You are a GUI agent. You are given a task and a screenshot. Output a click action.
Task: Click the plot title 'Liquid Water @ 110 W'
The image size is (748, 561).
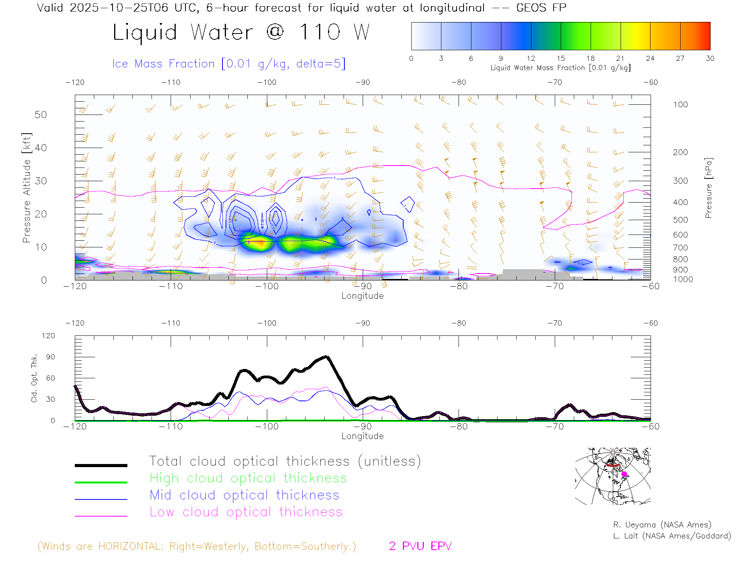pyautogui.click(x=241, y=32)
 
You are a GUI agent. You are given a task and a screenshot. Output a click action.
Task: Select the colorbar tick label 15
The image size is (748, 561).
pyautogui.click(x=561, y=58)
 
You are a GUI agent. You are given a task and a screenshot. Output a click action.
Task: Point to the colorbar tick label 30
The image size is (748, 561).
pyautogui.click(x=710, y=58)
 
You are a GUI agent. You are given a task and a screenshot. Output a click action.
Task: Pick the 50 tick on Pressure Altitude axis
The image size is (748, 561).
pyautogui.click(x=41, y=115)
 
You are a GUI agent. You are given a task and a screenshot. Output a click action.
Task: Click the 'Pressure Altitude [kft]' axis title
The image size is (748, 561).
pyautogui.click(x=26, y=188)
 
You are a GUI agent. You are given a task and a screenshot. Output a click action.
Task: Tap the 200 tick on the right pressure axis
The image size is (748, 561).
pyautogui.click(x=680, y=152)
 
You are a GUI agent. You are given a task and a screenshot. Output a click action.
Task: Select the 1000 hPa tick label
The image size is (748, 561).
pyautogui.click(x=683, y=279)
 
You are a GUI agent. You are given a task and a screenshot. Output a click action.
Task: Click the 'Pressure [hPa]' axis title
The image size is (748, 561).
pyautogui.click(x=708, y=188)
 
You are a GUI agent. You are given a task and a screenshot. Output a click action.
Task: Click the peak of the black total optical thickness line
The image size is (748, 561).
pyautogui.click(x=326, y=356)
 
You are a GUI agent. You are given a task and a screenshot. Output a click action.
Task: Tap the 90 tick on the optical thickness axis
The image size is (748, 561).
pyautogui.click(x=51, y=357)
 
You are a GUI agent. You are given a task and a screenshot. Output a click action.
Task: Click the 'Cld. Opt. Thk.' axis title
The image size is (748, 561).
pyautogui.click(x=34, y=378)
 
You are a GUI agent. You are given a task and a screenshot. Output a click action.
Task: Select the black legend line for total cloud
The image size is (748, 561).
pyautogui.click(x=101, y=465)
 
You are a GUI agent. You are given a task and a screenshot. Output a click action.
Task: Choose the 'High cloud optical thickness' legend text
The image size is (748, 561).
pyautogui.click(x=248, y=478)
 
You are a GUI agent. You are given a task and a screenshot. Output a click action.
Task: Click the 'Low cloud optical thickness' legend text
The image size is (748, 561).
pyautogui.click(x=246, y=512)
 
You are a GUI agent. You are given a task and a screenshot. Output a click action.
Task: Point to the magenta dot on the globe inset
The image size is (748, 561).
pyautogui.click(x=624, y=474)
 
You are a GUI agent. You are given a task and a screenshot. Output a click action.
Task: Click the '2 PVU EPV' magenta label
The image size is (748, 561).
pyautogui.click(x=420, y=546)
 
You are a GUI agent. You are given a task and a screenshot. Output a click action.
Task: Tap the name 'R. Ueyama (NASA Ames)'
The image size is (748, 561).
pyautogui.click(x=662, y=525)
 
